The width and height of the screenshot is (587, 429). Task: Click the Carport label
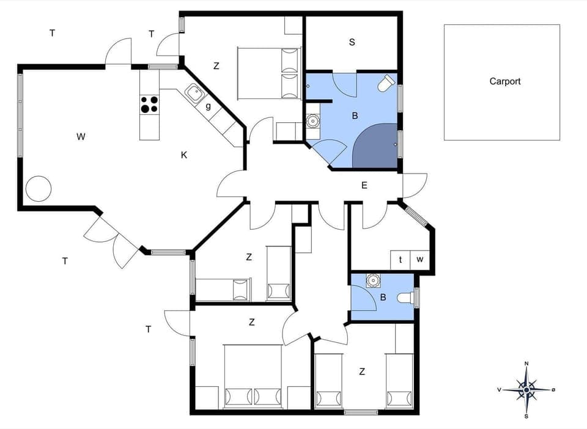point(504,81)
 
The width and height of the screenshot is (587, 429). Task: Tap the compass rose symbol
point(526,389)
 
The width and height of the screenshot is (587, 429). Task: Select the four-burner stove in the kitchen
point(149,105)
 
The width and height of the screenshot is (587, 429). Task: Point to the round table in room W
point(38,188)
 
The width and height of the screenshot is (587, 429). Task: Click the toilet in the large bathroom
point(386,84)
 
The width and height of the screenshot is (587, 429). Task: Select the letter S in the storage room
point(352,42)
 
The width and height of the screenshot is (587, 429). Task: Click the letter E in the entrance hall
point(364,185)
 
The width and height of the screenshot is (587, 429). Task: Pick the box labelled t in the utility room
point(401,259)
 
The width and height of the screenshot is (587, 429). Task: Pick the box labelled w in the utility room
point(420,259)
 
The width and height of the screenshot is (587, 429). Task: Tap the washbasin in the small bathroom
point(372,281)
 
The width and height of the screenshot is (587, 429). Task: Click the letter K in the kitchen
point(183,155)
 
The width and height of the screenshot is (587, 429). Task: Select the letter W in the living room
point(81,136)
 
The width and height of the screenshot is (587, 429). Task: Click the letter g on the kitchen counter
point(208,106)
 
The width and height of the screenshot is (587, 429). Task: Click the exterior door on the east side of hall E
point(415,185)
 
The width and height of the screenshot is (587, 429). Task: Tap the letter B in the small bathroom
point(383,298)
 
